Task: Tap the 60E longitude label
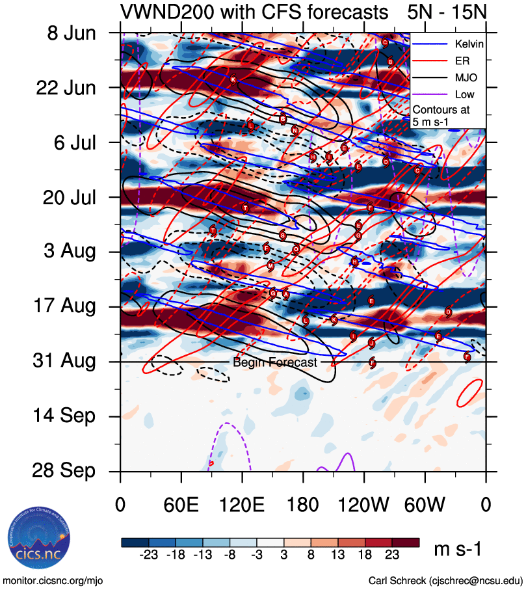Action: coord(181,505)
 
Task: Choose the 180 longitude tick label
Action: coord(303,505)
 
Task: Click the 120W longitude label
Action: coord(364,505)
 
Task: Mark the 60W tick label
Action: coord(425,505)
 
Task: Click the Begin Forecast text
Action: coord(275,362)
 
